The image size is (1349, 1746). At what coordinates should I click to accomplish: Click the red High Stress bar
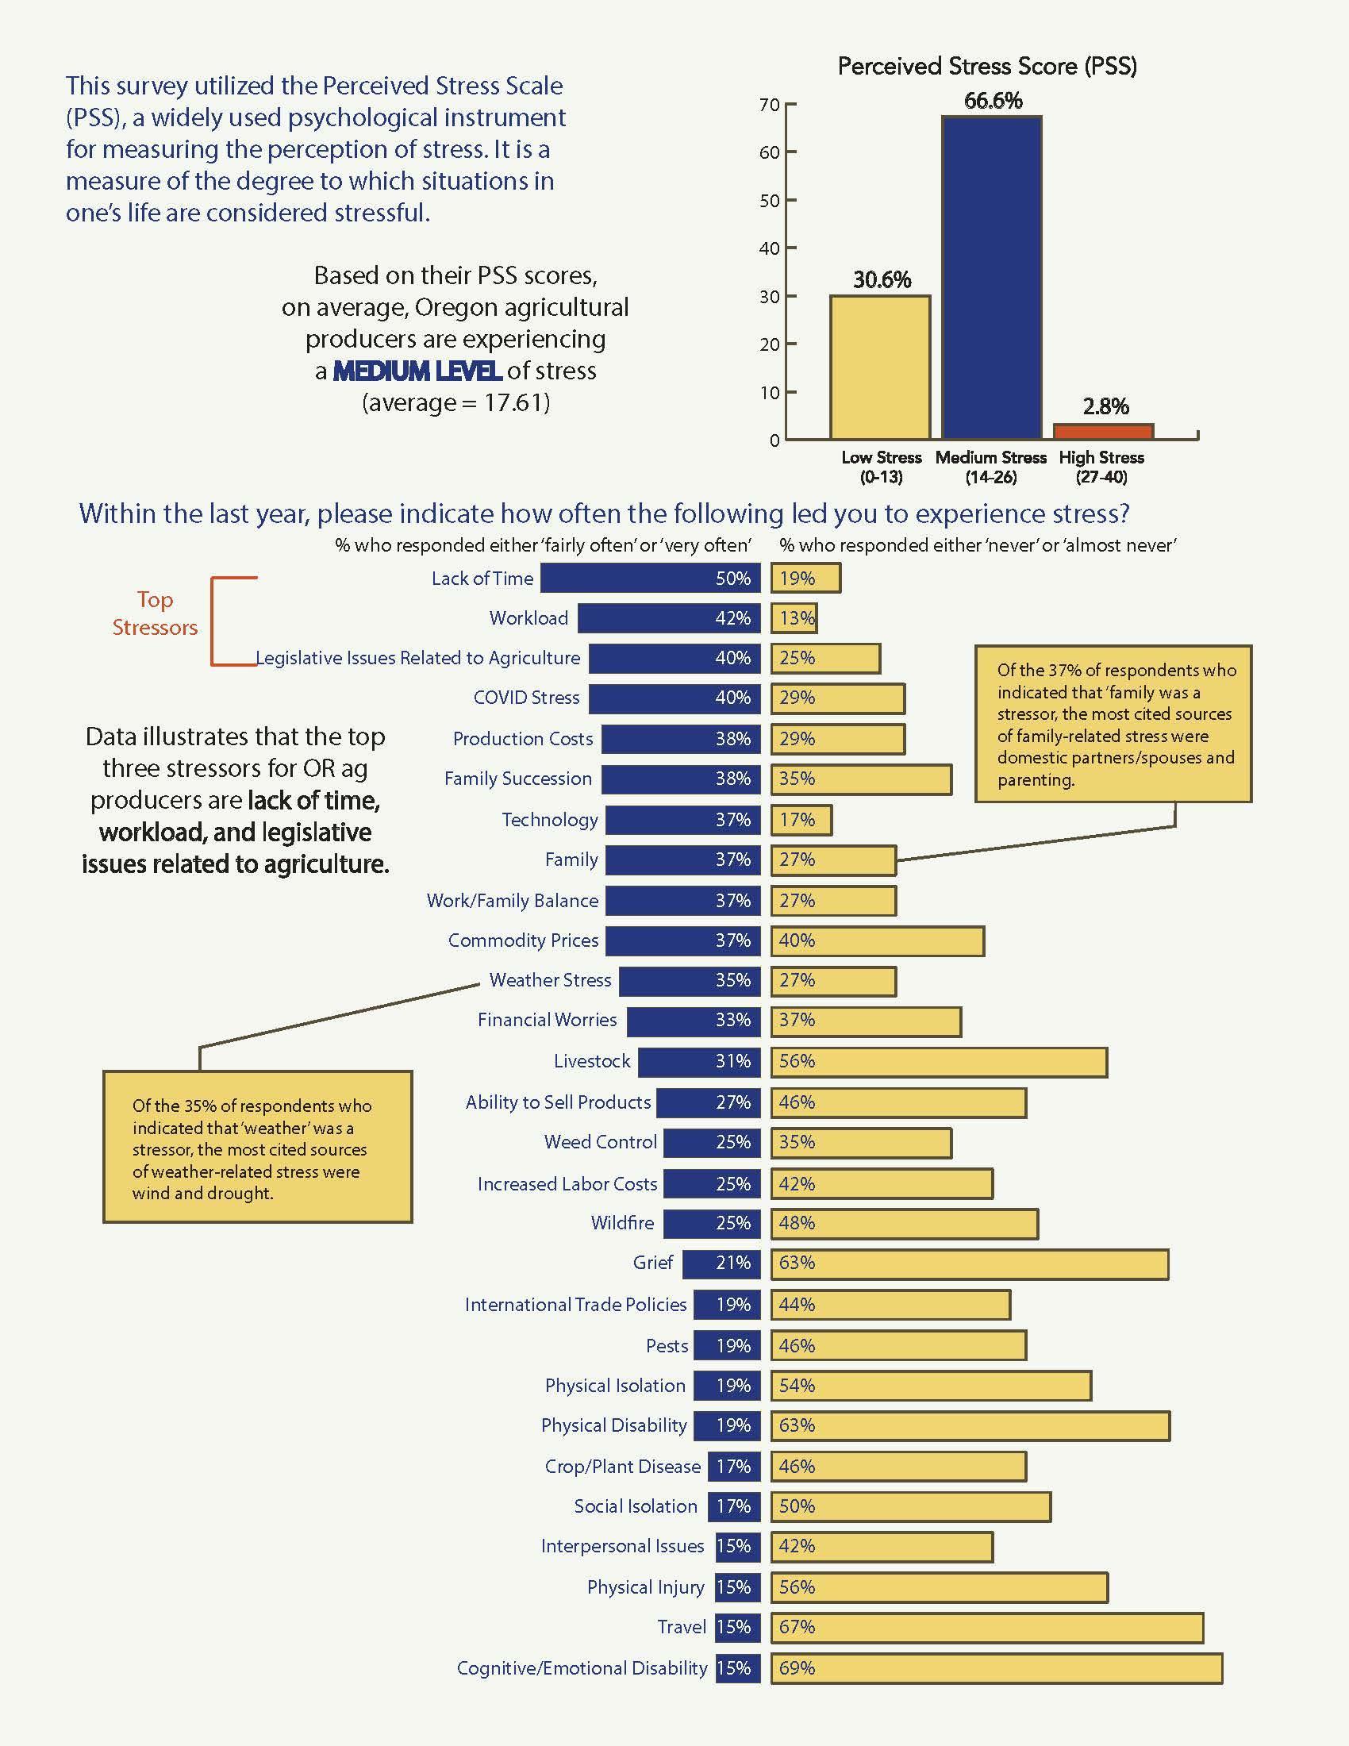[x=1103, y=431]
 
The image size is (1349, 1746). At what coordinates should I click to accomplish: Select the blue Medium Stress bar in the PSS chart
[x=991, y=278]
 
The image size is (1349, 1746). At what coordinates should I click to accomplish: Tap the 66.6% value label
[x=993, y=101]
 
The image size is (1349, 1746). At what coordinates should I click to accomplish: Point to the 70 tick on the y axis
[x=769, y=105]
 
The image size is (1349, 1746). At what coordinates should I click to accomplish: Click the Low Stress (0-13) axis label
[x=881, y=467]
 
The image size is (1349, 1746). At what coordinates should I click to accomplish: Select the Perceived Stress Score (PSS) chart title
[x=987, y=66]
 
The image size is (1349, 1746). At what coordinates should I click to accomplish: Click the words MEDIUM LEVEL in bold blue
[x=417, y=371]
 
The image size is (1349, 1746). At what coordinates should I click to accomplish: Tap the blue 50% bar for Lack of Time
[x=651, y=578]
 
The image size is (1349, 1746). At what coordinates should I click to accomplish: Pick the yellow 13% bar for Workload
[x=794, y=618]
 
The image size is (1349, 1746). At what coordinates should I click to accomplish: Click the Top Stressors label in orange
[x=154, y=613]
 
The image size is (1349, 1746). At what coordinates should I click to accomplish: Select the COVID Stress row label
[x=526, y=697]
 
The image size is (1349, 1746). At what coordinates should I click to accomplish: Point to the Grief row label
[x=653, y=1263]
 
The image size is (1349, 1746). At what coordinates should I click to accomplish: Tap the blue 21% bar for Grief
[x=721, y=1263]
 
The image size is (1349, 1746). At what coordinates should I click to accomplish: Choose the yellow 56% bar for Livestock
[x=939, y=1062]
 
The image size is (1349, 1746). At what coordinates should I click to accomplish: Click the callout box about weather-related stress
[x=257, y=1148]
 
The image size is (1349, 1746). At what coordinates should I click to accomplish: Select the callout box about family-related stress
[x=1113, y=724]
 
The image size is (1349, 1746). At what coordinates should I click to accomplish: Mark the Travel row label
[x=682, y=1627]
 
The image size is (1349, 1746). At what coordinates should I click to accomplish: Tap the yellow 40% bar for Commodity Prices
[x=878, y=941]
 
